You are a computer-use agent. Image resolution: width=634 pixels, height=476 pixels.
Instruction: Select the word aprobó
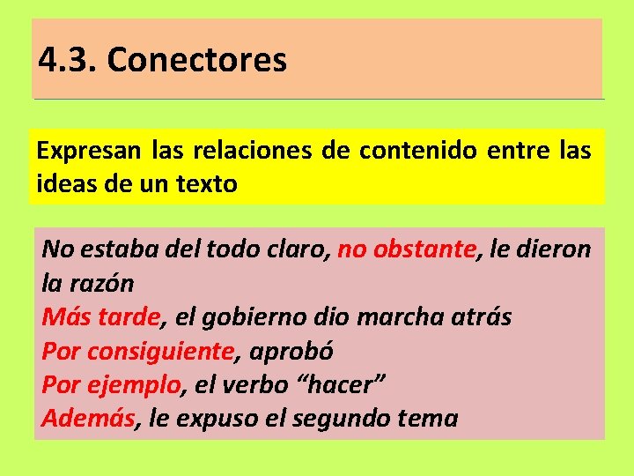click(291, 351)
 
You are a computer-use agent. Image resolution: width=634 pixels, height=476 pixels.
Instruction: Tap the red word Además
click(88, 418)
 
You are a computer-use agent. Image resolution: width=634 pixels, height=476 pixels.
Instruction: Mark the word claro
click(297, 250)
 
